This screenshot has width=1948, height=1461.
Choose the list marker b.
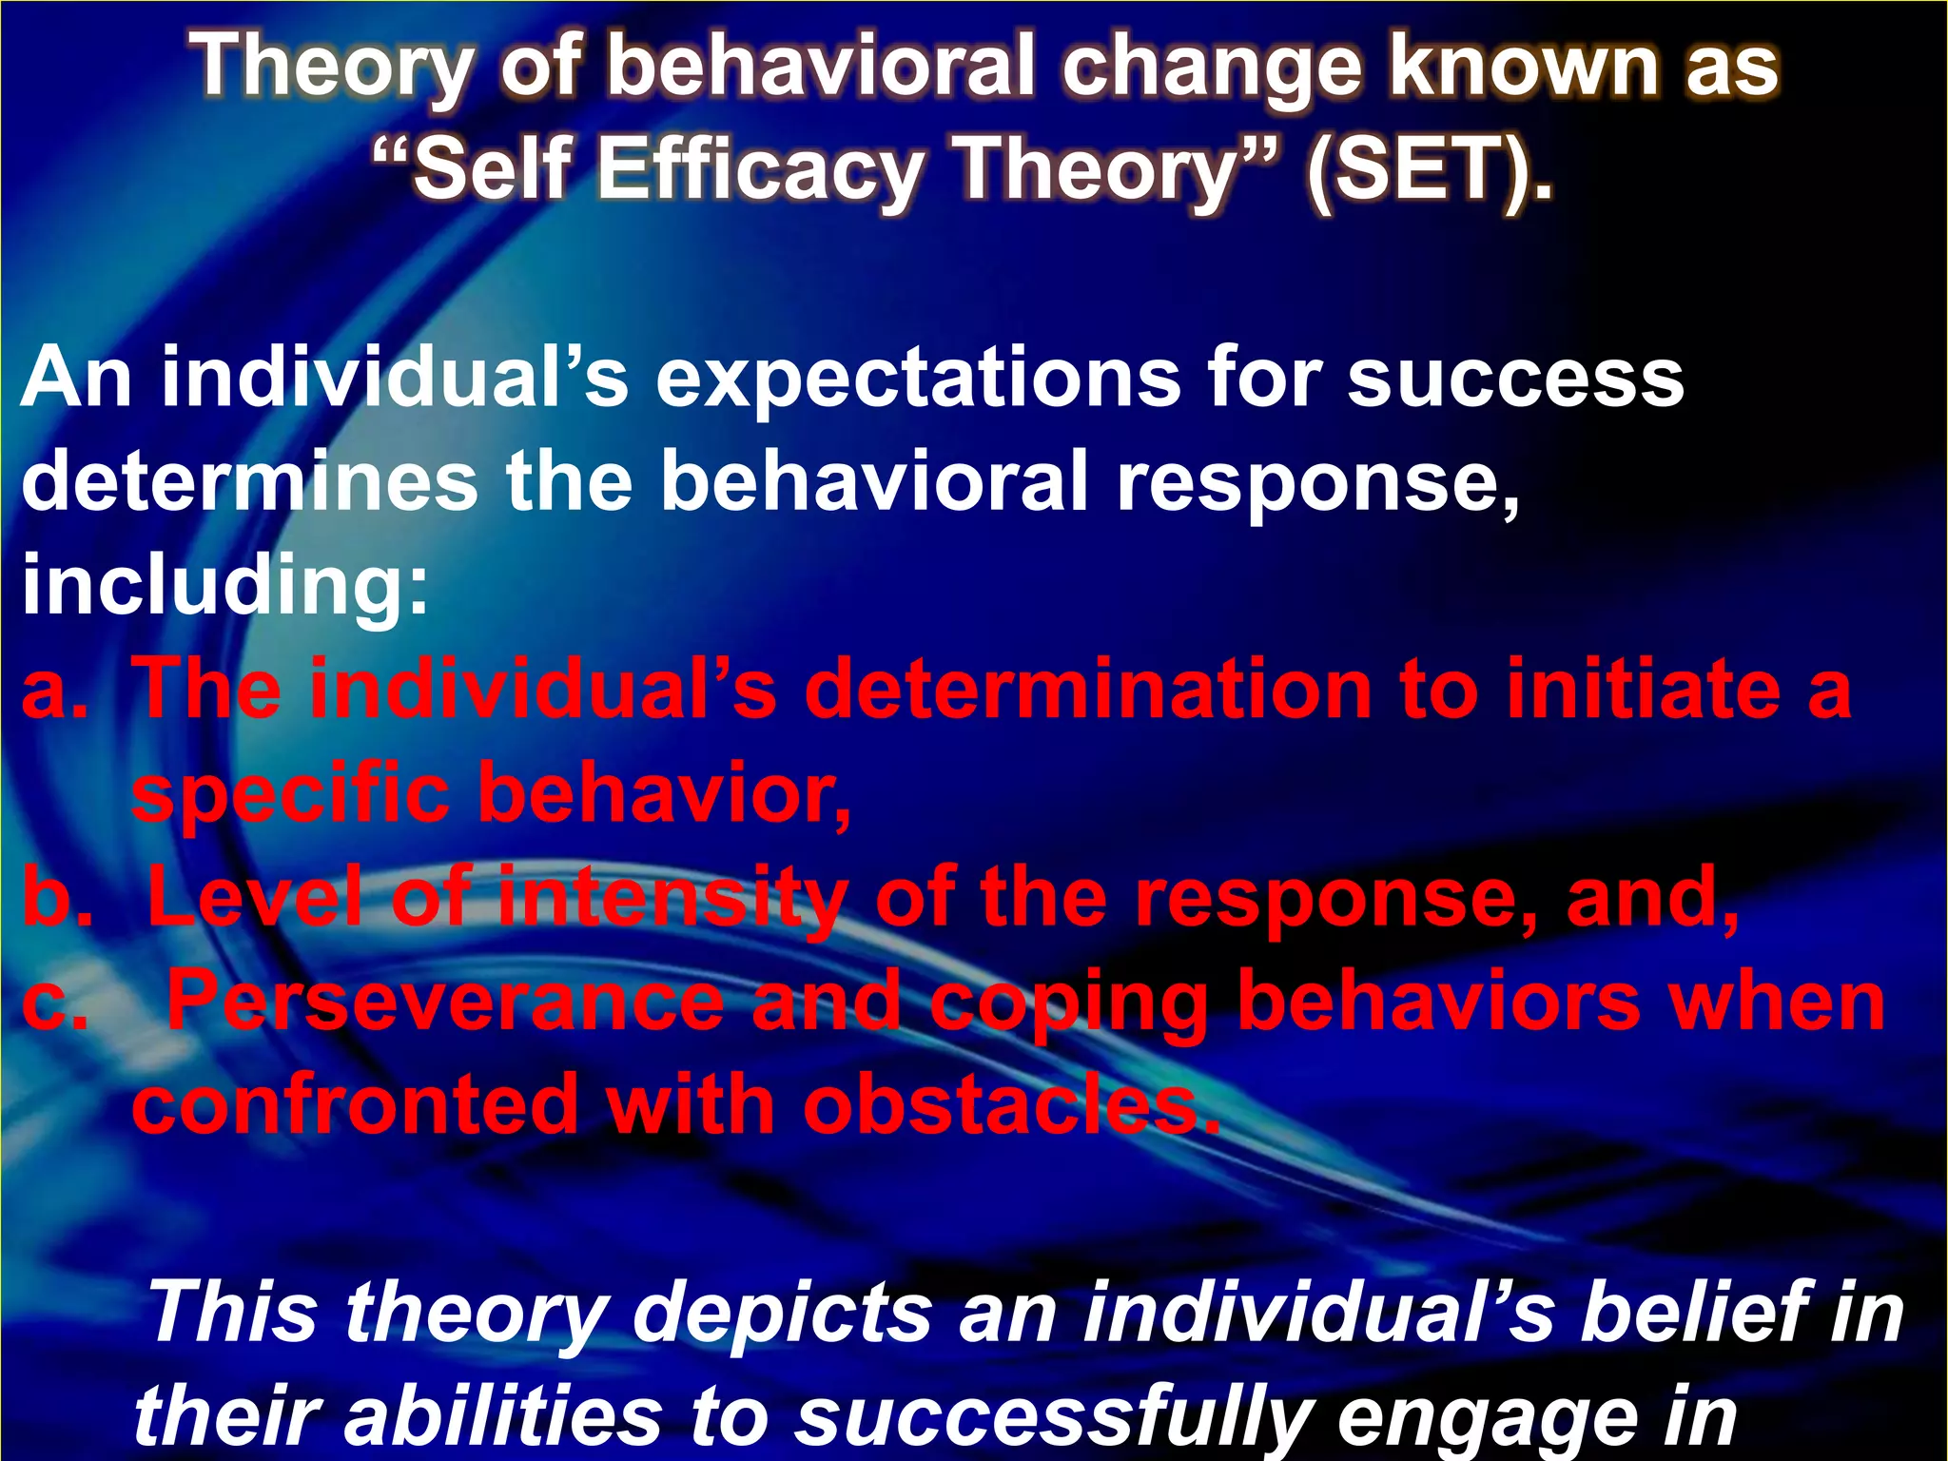(x=57, y=897)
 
